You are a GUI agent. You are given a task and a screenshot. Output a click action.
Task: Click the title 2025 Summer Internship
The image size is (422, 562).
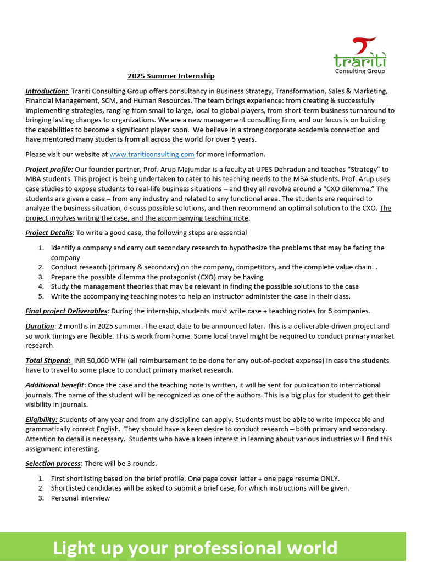click(x=171, y=76)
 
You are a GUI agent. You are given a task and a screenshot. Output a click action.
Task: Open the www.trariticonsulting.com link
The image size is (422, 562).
click(x=152, y=154)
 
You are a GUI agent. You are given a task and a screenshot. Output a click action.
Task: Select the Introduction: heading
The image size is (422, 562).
click(x=47, y=91)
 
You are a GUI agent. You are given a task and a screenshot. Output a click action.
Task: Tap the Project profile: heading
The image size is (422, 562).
click(x=49, y=169)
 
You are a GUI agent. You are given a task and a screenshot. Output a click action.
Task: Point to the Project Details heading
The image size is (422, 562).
click(x=49, y=233)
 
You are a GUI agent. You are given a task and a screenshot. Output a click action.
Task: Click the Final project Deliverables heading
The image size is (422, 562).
click(x=66, y=311)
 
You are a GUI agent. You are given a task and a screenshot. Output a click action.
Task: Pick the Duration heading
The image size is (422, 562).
click(x=40, y=326)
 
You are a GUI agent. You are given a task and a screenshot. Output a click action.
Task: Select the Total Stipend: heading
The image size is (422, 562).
click(x=48, y=361)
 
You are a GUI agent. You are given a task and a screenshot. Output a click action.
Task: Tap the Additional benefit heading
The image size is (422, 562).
click(x=54, y=385)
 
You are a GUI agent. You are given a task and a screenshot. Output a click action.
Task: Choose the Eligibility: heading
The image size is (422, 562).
click(x=42, y=419)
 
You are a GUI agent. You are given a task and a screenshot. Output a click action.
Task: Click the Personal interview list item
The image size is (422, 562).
click(x=80, y=498)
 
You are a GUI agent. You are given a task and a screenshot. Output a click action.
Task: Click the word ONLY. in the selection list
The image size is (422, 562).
click(x=329, y=478)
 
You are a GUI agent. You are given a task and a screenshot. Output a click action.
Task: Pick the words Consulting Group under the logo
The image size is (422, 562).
click(x=360, y=71)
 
